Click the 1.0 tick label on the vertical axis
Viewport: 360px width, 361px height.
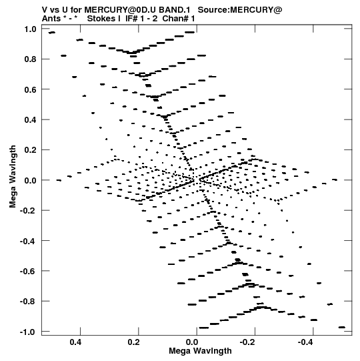(31, 29)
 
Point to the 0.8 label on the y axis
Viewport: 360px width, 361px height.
(31, 59)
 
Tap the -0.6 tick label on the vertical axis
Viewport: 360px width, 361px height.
(28, 271)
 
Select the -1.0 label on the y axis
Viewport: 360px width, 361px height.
(28, 332)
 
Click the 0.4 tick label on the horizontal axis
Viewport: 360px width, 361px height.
(76, 342)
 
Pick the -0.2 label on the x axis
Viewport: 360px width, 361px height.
(247, 342)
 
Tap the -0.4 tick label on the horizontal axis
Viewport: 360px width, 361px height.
(306, 342)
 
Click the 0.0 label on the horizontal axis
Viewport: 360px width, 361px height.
(192, 342)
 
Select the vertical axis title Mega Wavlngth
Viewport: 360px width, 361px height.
(13, 177)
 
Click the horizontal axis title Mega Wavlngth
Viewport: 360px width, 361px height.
(200, 350)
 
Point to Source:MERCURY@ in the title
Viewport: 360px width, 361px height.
(240, 10)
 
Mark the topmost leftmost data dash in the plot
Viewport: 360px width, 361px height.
(52, 33)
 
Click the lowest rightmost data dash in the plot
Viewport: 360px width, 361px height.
(342, 327)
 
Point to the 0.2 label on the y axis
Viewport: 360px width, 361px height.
(31, 150)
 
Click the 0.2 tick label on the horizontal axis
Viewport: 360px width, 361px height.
(134, 342)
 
